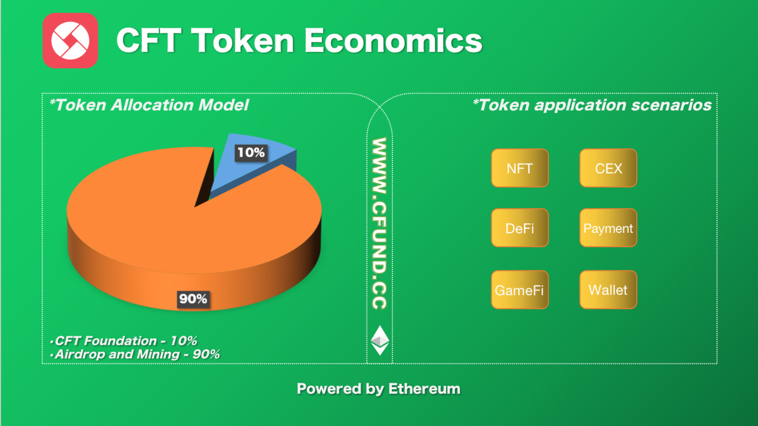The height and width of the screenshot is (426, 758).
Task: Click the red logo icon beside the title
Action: coord(70,41)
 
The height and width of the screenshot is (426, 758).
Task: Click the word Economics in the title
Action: coord(394,41)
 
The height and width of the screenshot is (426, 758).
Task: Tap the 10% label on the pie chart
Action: coord(251,153)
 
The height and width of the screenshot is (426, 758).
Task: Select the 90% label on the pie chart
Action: coord(193,299)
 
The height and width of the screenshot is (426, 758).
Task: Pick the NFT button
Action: coord(520,168)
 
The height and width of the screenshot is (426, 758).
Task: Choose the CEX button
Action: coord(609,168)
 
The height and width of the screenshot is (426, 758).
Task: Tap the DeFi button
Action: coord(520,228)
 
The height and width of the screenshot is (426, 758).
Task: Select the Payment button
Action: coord(609,228)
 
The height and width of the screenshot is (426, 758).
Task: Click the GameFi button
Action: coord(520,290)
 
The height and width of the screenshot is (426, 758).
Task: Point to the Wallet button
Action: coord(609,290)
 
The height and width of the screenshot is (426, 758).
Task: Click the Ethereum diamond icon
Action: coord(380,340)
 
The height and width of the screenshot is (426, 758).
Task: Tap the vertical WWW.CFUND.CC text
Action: coord(380,224)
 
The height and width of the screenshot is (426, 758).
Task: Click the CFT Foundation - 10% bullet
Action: coord(123,340)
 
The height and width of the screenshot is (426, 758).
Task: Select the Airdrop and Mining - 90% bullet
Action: coord(135,354)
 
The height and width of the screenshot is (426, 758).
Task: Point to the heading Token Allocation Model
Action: coord(149,105)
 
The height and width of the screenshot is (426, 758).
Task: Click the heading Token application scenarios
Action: coord(592,105)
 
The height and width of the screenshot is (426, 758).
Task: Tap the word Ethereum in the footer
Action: coord(424,389)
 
